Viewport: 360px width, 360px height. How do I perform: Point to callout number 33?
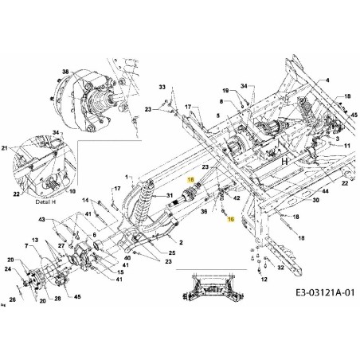[x=162, y=86]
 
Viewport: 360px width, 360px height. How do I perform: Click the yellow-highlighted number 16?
[x=231, y=217]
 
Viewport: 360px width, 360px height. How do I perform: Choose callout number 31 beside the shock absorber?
[x=168, y=197]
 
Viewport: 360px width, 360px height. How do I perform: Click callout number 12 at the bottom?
[x=264, y=280]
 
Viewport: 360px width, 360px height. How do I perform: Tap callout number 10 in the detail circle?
[x=72, y=191]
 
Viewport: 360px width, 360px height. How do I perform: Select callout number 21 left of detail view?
[x=6, y=149]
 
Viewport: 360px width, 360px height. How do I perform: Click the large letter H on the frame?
[x=283, y=160]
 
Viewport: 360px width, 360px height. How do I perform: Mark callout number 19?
[x=225, y=92]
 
